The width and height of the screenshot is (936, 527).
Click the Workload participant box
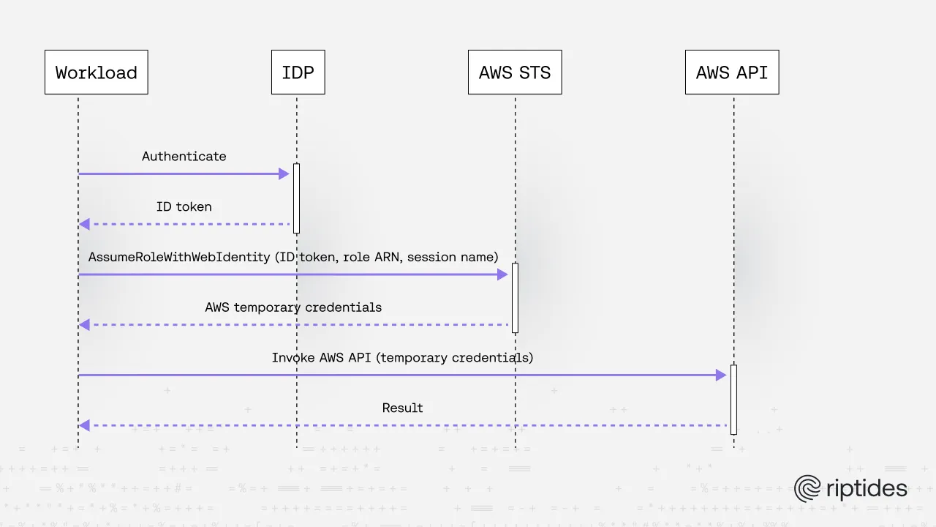96,72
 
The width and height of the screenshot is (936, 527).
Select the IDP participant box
298,72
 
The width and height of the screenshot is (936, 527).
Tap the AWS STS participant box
515,72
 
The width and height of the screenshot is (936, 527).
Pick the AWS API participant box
731,72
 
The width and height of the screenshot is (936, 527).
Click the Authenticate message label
184,157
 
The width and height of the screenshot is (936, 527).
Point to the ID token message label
184,207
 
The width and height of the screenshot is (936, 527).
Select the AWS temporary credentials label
293,307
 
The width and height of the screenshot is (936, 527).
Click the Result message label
402,408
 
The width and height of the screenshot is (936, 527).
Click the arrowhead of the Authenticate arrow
284,174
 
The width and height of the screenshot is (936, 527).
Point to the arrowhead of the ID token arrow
84,224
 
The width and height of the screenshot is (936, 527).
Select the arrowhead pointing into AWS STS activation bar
502,274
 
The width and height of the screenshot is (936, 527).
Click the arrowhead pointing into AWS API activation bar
721,375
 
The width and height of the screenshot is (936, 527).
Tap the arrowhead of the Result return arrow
84,425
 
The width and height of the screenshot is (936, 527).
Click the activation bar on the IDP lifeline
296,198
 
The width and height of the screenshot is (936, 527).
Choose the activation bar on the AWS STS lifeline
515,298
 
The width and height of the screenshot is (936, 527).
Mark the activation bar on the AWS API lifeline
733,399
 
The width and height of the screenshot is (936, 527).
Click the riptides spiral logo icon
808,489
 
